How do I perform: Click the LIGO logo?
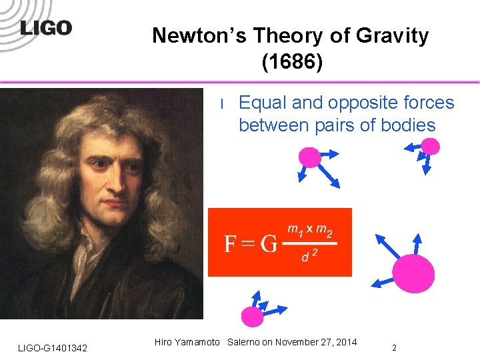[x=46, y=29]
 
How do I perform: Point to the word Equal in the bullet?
[x=262, y=103]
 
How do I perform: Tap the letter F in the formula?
[x=231, y=244]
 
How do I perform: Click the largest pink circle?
[x=413, y=273]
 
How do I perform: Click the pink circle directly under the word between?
[x=309, y=157]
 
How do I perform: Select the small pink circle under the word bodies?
[x=431, y=146]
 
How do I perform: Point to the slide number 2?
[x=394, y=347]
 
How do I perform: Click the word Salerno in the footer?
[x=244, y=343]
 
